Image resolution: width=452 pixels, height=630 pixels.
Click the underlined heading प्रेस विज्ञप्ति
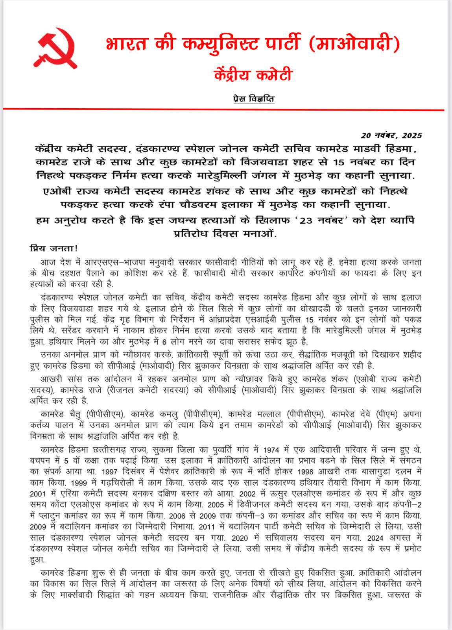tap(254, 99)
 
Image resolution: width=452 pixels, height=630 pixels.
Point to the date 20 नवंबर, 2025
tap(391, 135)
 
